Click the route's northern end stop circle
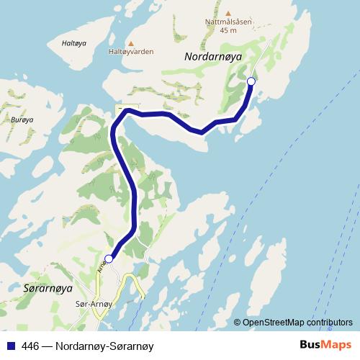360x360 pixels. (251, 81)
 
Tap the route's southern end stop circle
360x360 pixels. (109, 258)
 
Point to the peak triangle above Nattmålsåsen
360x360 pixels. (228, 14)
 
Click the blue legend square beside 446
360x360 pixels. (10, 345)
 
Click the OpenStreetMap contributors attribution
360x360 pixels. (297, 323)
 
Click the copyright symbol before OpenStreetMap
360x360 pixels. (237, 323)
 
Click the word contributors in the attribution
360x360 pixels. (329, 323)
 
